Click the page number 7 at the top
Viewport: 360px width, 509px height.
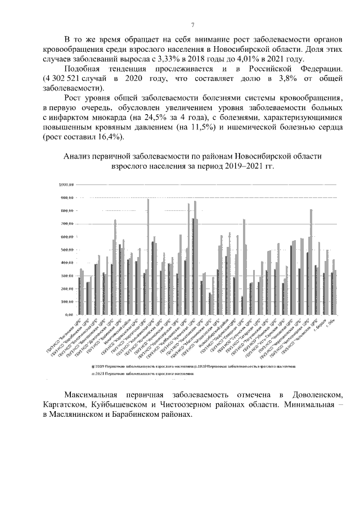[x=192, y=25]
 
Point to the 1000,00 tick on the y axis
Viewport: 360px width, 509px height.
[x=66, y=184]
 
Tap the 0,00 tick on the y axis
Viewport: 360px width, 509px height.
[x=70, y=314]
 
